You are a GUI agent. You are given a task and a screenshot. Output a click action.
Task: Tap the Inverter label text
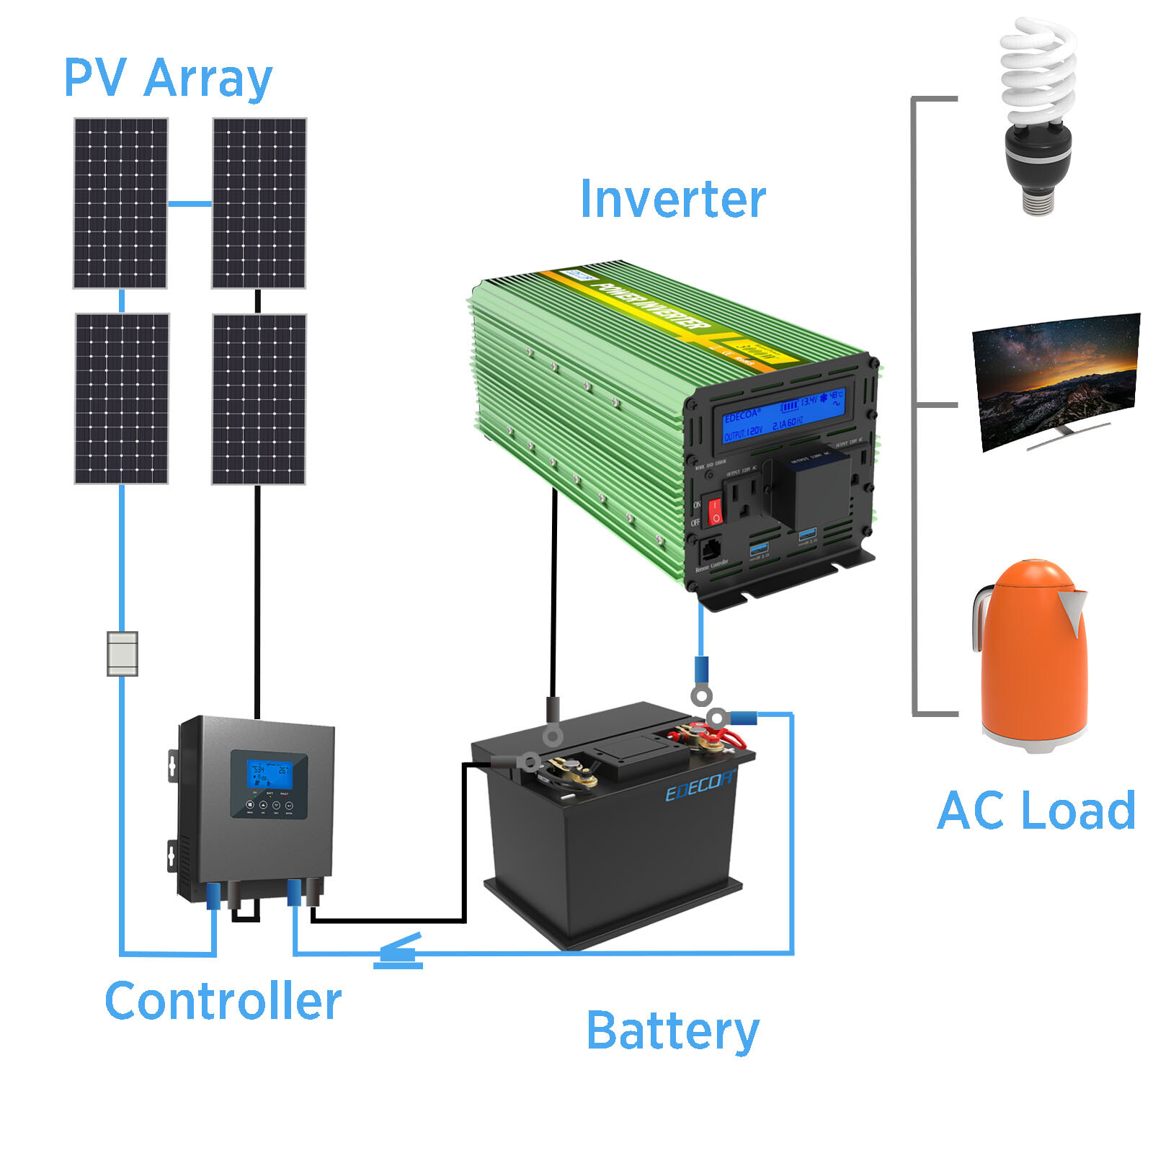pos(672,199)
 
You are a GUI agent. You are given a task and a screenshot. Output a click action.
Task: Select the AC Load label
pos(1036,811)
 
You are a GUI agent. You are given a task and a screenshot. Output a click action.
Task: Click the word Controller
pos(223,1001)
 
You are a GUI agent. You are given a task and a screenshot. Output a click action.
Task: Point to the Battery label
pos(672,1030)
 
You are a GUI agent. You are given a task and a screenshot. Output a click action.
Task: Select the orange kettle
pos(1030,656)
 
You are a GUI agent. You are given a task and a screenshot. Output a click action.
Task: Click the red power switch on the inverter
pos(714,510)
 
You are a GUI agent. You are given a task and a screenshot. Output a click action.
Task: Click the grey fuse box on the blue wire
pos(122,654)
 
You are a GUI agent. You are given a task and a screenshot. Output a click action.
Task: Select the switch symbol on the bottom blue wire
pos(399,952)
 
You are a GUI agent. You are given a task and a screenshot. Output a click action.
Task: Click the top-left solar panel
pos(120,203)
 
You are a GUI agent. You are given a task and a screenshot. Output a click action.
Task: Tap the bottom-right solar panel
pos(259,399)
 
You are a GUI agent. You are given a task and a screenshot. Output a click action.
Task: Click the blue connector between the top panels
pos(190,204)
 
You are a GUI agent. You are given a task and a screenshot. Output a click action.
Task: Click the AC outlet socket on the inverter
pos(742,498)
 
